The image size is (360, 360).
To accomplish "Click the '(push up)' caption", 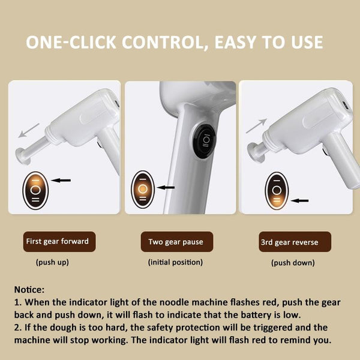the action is pos(52,262).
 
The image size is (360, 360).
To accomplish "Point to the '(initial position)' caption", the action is pos(175,262).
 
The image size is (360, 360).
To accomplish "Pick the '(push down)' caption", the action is pos(293,263).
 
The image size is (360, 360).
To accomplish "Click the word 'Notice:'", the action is pos(29,290).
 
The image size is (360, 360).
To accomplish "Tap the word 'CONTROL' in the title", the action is pos(165,42).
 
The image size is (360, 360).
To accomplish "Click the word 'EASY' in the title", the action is pos(235,42).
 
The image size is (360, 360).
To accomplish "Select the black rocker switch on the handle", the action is pos(204,141).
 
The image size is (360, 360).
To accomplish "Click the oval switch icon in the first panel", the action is pos(35,190).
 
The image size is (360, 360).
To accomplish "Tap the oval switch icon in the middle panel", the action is pos(143,190).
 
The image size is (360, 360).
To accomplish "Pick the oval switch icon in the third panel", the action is pos(277,191).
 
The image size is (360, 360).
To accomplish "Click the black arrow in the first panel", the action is pos(61,180).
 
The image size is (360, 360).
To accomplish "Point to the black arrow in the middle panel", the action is pos(166,188).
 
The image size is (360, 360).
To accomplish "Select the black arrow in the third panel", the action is pos(300,200).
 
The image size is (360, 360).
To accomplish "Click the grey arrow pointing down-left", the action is pos(29,130).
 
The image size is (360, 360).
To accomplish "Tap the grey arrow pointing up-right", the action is pos(256,126).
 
